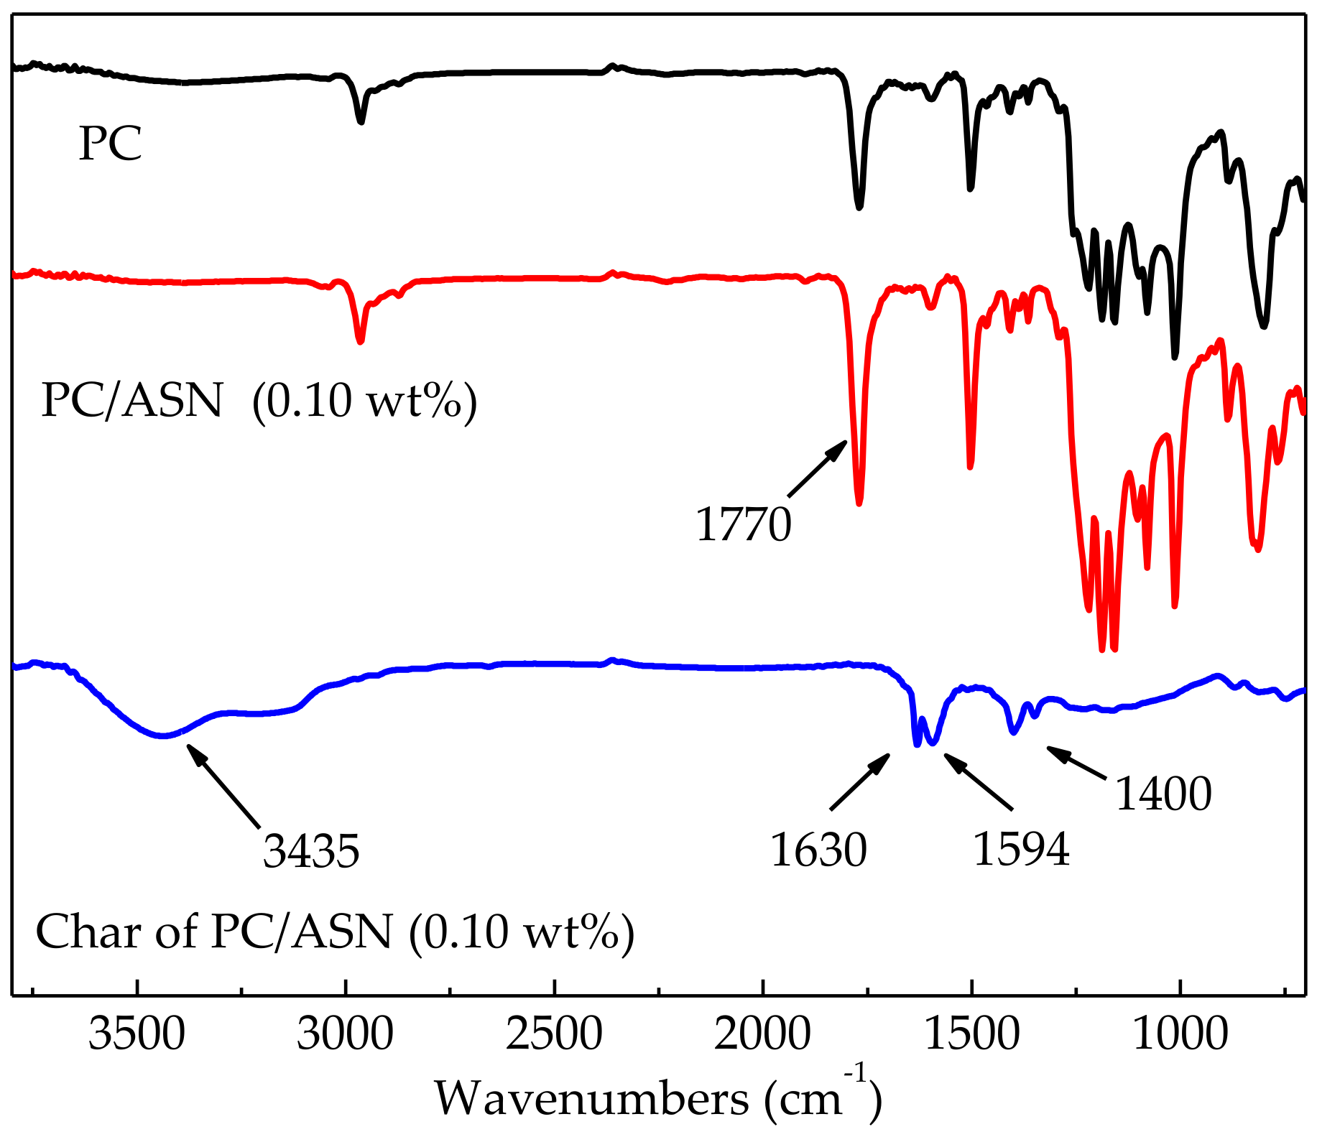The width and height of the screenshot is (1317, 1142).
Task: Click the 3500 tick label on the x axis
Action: pyautogui.click(x=137, y=1035)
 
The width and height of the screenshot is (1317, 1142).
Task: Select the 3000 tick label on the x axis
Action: pyautogui.click(x=346, y=1035)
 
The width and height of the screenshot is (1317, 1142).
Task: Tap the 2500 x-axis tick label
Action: pyautogui.click(x=554, y=1035)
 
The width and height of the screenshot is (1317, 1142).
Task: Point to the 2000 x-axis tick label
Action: pyautogui.click(x=762, y=1035)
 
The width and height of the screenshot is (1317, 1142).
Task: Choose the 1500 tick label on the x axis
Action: pyautogui.click(x=971, y=1035)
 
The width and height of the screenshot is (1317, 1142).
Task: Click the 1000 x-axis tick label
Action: pyautogui.click(x=1180, y=1035)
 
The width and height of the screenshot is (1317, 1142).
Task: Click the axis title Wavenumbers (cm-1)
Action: pyautogui.click(x=657, y=1097)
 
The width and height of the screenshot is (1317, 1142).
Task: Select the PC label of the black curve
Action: pyautogui.click(x=110, y=144)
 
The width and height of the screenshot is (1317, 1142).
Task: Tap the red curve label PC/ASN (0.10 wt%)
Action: pyautogui.click(x=259, y=400)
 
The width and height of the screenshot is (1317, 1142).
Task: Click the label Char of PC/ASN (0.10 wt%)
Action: pyautogui.click(x=335, y=932)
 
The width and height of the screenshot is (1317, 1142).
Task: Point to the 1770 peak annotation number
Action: pyautogui.click(x=744, y=524)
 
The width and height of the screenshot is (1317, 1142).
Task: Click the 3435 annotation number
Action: pyautogui.click(x=311, y=851)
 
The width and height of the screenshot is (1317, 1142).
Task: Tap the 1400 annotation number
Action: pyautogui.click(x=1163, y=794)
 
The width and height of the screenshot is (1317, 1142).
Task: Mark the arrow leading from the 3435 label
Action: pyautogui.click(x=223, y=786)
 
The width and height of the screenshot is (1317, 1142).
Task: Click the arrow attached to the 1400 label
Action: pyautogui.click(x=1076, y=762)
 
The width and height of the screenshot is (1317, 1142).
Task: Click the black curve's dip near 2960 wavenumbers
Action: pyautogui.click(x=361, y=121)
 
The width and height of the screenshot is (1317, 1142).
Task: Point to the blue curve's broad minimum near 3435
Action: pyautogui.click(x=164, y=735)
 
